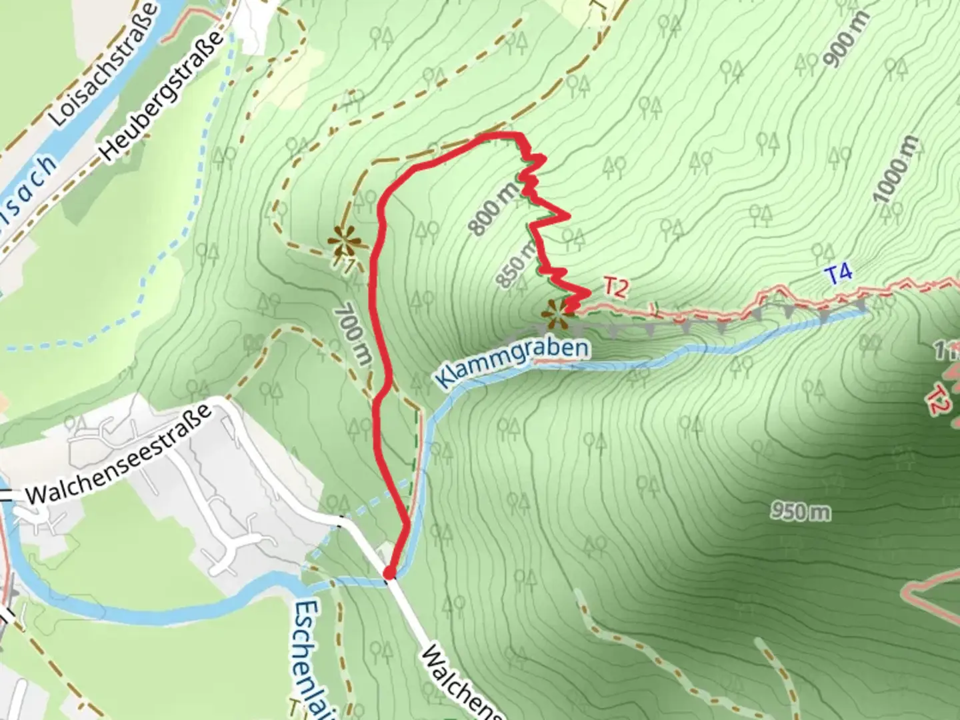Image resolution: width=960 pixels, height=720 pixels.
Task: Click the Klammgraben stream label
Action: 511,364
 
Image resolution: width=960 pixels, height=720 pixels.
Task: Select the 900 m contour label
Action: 845,39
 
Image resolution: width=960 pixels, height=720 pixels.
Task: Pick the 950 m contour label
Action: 801,511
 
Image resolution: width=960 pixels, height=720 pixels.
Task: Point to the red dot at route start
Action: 389,573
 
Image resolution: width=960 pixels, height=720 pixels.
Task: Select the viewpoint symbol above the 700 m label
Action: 345,239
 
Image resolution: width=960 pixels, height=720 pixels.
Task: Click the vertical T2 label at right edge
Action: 937,399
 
